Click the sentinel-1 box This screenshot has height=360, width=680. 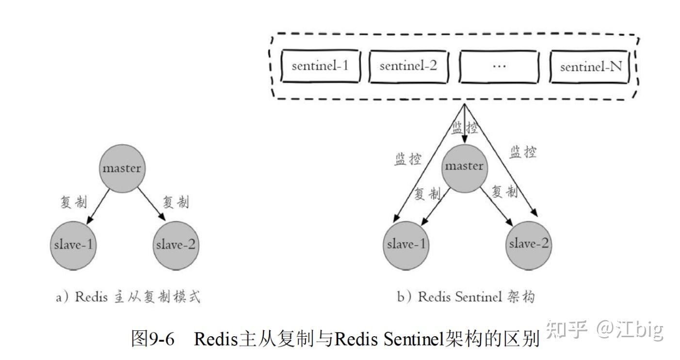coord(321,66)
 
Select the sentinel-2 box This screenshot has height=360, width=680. coord(408,66)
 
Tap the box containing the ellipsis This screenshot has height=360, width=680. coord(499,66)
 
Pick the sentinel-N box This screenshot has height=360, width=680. coord(591,66)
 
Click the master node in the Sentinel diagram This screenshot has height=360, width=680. coord(464,166)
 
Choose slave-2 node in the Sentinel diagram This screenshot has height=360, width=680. coord(529,244)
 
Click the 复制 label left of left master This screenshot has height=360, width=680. coord(73,202)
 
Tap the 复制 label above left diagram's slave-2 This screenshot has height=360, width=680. coord(176,202)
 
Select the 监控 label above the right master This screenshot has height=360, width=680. coord(465,128)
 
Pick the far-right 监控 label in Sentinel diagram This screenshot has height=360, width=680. coord(523,153)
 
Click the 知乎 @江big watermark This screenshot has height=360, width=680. coord(604,330)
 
